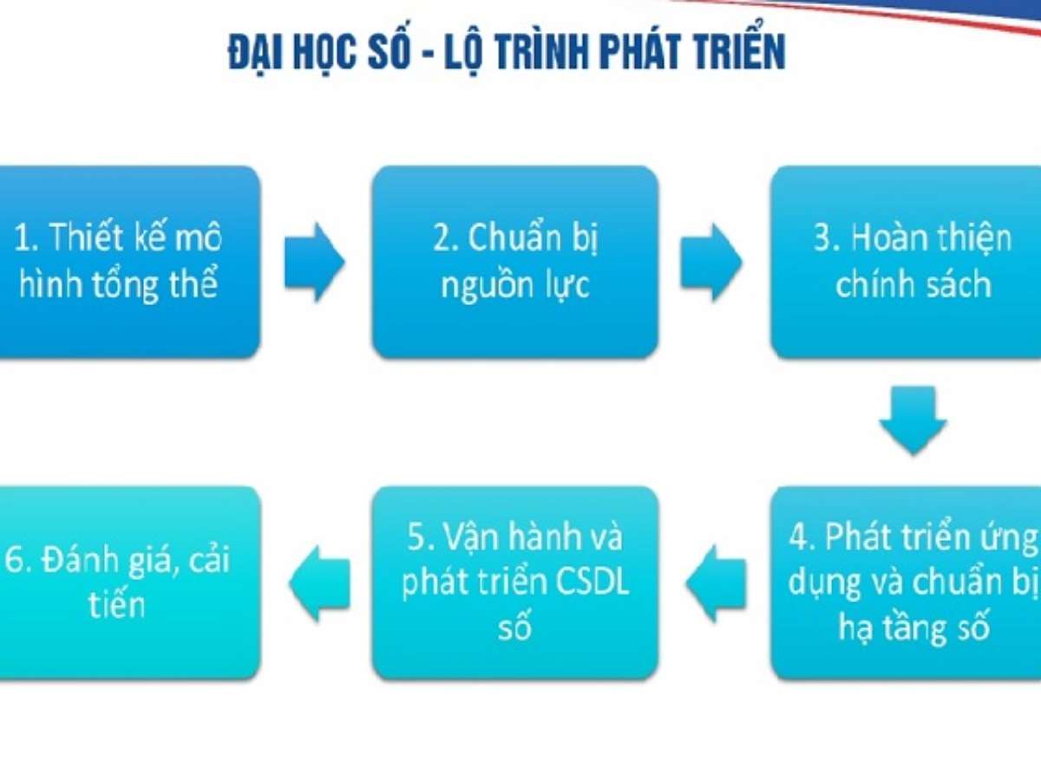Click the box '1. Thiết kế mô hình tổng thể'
tap(129, 262)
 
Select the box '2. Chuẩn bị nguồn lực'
tap(515, 262)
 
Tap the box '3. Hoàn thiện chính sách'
tap(906, 262)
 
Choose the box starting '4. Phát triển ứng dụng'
tap(906, 583)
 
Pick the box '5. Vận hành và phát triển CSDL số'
tap(515, 583)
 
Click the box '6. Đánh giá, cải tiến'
tap(129, 583)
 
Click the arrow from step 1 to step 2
tap(314, 262)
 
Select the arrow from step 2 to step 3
tap(710, 262)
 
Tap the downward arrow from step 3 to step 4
tap(913, 421)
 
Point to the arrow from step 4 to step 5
tap(716, 583)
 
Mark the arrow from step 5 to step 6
tap(319, 583)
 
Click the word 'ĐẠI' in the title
tap(256, 51)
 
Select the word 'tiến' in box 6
tap(116, 604)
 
